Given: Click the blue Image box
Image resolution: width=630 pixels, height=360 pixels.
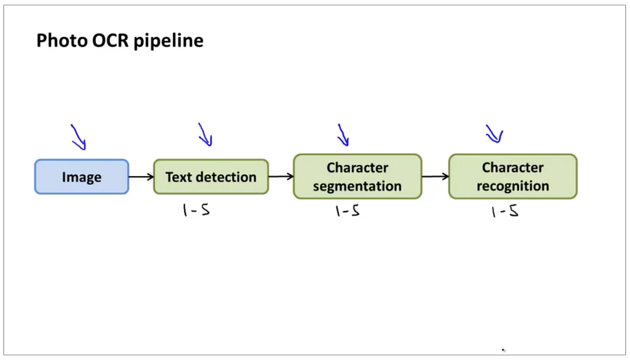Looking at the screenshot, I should pyautogui.click(x=81, y=177).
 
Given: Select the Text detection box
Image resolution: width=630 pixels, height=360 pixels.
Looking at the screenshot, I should pyautogui.click(x=211, y=177).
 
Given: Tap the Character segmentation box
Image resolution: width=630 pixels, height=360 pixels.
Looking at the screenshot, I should pyautogui.click(x=357, y=176).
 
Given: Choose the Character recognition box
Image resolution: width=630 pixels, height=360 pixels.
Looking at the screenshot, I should pyautogui.click(x=512, y=176).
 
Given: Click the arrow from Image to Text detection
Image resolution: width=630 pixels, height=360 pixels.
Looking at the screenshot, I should pyautogui.click(x=141, y=177).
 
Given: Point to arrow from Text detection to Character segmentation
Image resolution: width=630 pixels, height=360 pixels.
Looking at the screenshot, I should pyautogui.click(x=281, y=177).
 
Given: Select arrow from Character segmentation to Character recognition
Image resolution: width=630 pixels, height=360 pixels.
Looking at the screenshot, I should pyautogui.click(x=435, y=177).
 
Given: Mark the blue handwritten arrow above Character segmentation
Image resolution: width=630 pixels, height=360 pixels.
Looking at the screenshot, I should pyautogui.click(x=343, y=135).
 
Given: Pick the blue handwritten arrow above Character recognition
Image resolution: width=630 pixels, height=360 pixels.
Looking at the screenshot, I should pyautogui.click(x=494, y=134).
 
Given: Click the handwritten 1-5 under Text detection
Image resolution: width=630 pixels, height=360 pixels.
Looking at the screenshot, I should pyautogui.click(x=196, y=210).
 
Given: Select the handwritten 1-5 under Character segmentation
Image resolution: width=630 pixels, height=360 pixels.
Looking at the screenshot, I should pyautogui.click(x=348, y=211).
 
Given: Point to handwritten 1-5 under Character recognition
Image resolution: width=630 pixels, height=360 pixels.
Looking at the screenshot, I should pyautogui.click(x=505, y=211).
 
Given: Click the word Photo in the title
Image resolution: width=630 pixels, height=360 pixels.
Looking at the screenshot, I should pyautogui.click(x=59, y=40).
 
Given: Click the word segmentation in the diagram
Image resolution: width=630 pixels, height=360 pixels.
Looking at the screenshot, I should pyautogui.click(x=357, y=186).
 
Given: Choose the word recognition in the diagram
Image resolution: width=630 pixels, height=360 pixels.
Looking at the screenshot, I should pyautogui.click(x=512, y=186).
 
